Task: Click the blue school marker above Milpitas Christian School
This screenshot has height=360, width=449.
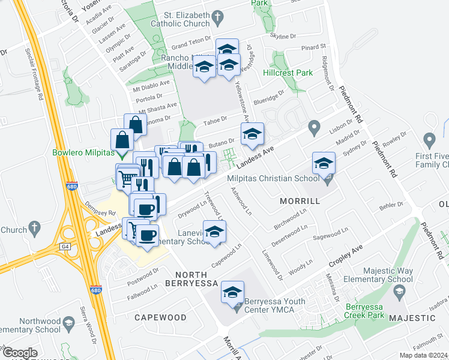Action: tap(324, 164)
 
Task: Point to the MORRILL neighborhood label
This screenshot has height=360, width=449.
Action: tap(300, 201)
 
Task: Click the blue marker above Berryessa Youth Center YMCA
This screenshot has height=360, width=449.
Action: tap(232, 292)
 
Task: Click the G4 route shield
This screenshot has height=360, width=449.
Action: tap(65, 246)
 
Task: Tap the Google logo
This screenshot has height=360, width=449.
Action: tap(20, 352)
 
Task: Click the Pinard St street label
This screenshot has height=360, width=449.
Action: tap(313, 46)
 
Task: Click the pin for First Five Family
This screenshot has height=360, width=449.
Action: tap(429, 140)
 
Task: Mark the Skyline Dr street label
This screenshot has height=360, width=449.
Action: tap(283, 36)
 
